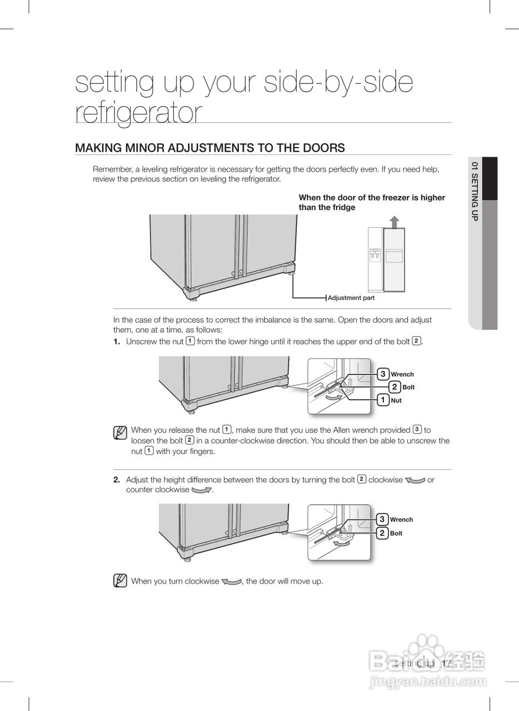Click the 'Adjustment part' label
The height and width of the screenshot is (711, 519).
(351, 298)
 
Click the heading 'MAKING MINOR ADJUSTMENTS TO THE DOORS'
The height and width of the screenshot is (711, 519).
(210, 148)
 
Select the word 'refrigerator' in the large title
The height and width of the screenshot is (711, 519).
(139, 112)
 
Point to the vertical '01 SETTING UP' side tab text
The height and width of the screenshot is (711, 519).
(474, 192)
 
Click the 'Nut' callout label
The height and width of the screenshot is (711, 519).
(396, 400)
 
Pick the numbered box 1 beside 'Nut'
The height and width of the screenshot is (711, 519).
(383, 400)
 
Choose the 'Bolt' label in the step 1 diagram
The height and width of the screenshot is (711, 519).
(408, 387)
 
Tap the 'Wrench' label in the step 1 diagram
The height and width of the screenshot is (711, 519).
(402, 374)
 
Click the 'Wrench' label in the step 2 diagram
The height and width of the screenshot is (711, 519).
(401, 520)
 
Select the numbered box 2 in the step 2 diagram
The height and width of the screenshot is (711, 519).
(382, 533)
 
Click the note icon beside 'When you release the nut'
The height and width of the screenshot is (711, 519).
(119, 433)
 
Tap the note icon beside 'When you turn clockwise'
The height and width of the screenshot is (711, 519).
(119, 581)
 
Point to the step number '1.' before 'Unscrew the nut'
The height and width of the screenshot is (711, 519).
(117, 341)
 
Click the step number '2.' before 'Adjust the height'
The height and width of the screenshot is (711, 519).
(117, 479)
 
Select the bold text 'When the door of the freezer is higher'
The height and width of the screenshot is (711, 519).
(372, 197)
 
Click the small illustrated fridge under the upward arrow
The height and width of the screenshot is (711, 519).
(386, 259)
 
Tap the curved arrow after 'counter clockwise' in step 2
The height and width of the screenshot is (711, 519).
(202, 490)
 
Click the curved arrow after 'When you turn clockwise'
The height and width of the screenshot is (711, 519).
(231, 582)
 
